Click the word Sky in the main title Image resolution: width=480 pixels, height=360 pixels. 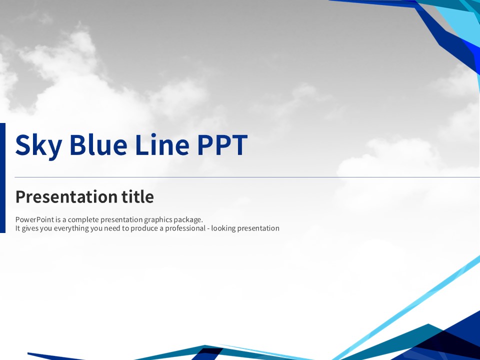38,145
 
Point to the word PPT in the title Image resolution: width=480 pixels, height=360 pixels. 222,145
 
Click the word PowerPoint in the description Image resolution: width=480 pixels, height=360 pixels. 34,219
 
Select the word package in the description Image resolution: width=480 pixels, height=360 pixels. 188,220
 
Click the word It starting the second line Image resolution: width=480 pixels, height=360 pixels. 17,228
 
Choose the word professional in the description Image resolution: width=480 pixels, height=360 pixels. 185,228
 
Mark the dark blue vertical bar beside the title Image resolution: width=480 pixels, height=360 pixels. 3,178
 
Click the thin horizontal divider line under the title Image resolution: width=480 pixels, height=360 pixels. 247,177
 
